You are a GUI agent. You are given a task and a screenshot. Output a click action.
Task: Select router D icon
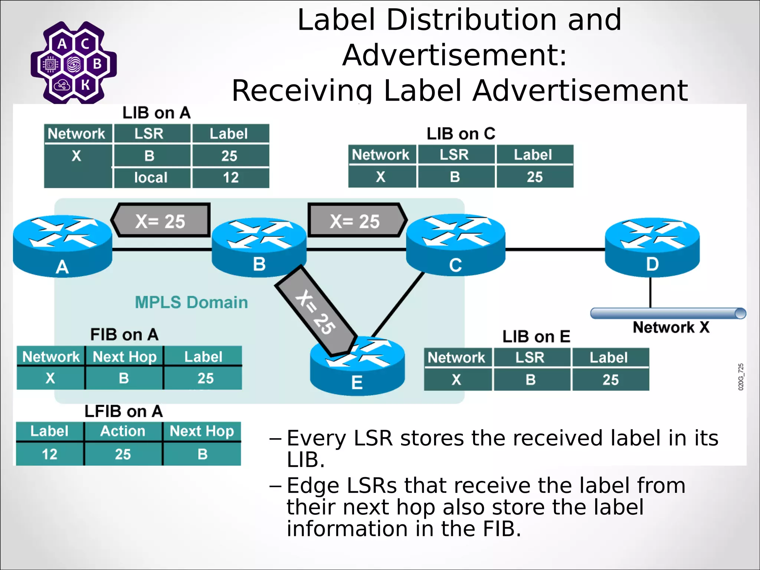652,247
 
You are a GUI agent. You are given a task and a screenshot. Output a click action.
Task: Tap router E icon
357,367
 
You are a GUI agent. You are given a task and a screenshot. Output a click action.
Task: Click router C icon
455,245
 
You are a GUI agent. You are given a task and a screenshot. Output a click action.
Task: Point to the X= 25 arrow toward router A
161,220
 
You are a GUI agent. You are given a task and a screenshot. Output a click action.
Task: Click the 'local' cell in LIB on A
151,178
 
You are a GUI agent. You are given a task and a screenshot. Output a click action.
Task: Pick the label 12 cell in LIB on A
230,178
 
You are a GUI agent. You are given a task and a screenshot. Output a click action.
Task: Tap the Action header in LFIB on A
123,431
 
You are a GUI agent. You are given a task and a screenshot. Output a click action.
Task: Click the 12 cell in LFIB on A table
49,454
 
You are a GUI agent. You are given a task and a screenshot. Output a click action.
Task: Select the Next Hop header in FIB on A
124,357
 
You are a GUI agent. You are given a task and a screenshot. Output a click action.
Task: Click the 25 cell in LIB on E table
610,380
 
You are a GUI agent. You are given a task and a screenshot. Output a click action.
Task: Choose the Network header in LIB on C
381,155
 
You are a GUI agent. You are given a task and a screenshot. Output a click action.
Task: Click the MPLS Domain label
191,302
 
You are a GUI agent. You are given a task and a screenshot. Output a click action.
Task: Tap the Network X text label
671,327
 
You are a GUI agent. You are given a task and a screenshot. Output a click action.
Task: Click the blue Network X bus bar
668,313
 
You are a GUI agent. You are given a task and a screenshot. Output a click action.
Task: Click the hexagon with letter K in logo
85,85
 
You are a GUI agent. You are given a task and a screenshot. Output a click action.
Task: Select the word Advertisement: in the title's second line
455,55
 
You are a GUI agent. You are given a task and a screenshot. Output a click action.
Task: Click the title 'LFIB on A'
124,411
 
